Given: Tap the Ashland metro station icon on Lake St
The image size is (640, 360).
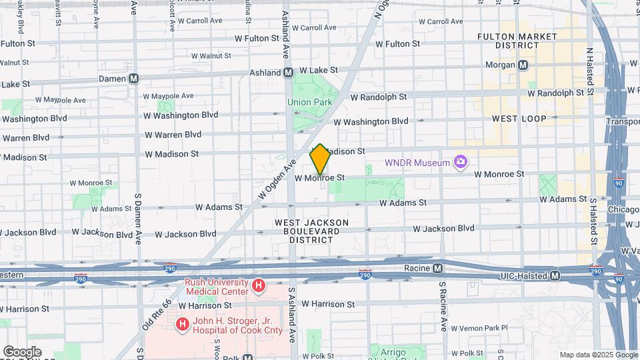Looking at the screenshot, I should click(288, 72).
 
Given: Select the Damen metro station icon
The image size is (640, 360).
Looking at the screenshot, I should click(134, 79).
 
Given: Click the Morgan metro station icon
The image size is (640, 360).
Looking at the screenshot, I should click(523, 65).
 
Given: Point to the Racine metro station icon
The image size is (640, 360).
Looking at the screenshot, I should click(437, 268).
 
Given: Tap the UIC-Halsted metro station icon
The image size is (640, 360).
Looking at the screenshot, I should click(555, 275).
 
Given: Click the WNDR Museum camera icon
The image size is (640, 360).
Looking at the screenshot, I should click(460, 162).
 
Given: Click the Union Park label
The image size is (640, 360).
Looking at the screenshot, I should click(309, 102).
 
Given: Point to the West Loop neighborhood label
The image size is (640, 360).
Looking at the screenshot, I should click(519, 119).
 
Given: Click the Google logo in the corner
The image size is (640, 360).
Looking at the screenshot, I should click(22, 352).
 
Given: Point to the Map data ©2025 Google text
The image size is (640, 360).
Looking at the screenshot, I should click(599, 355).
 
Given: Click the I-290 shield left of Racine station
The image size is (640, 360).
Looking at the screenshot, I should click(365, 274).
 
